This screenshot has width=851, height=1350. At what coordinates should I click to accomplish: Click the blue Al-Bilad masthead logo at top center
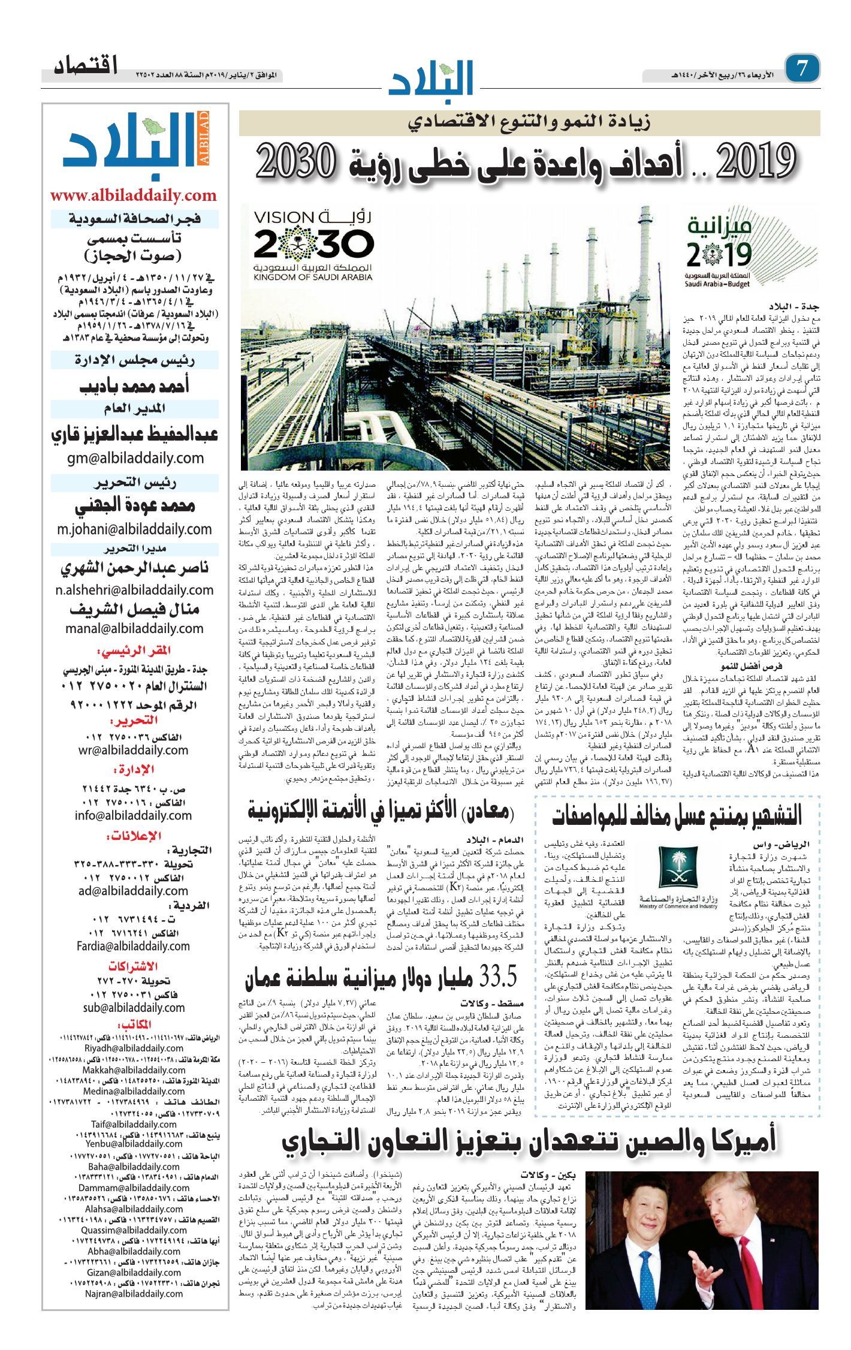[x=431, y=77]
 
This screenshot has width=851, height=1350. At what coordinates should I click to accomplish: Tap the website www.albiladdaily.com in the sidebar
[x=133, y=195]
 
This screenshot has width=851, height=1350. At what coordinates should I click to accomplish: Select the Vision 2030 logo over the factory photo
[x=313, y=246]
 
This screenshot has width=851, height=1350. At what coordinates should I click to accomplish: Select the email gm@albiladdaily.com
[x=135, y=458]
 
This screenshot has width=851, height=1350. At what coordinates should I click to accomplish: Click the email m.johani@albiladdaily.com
[x=134, y=529]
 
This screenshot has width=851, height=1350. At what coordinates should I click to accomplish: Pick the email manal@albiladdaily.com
[x=135, y=628]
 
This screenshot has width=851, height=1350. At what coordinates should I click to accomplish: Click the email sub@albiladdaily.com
[x=134, y=1007]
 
